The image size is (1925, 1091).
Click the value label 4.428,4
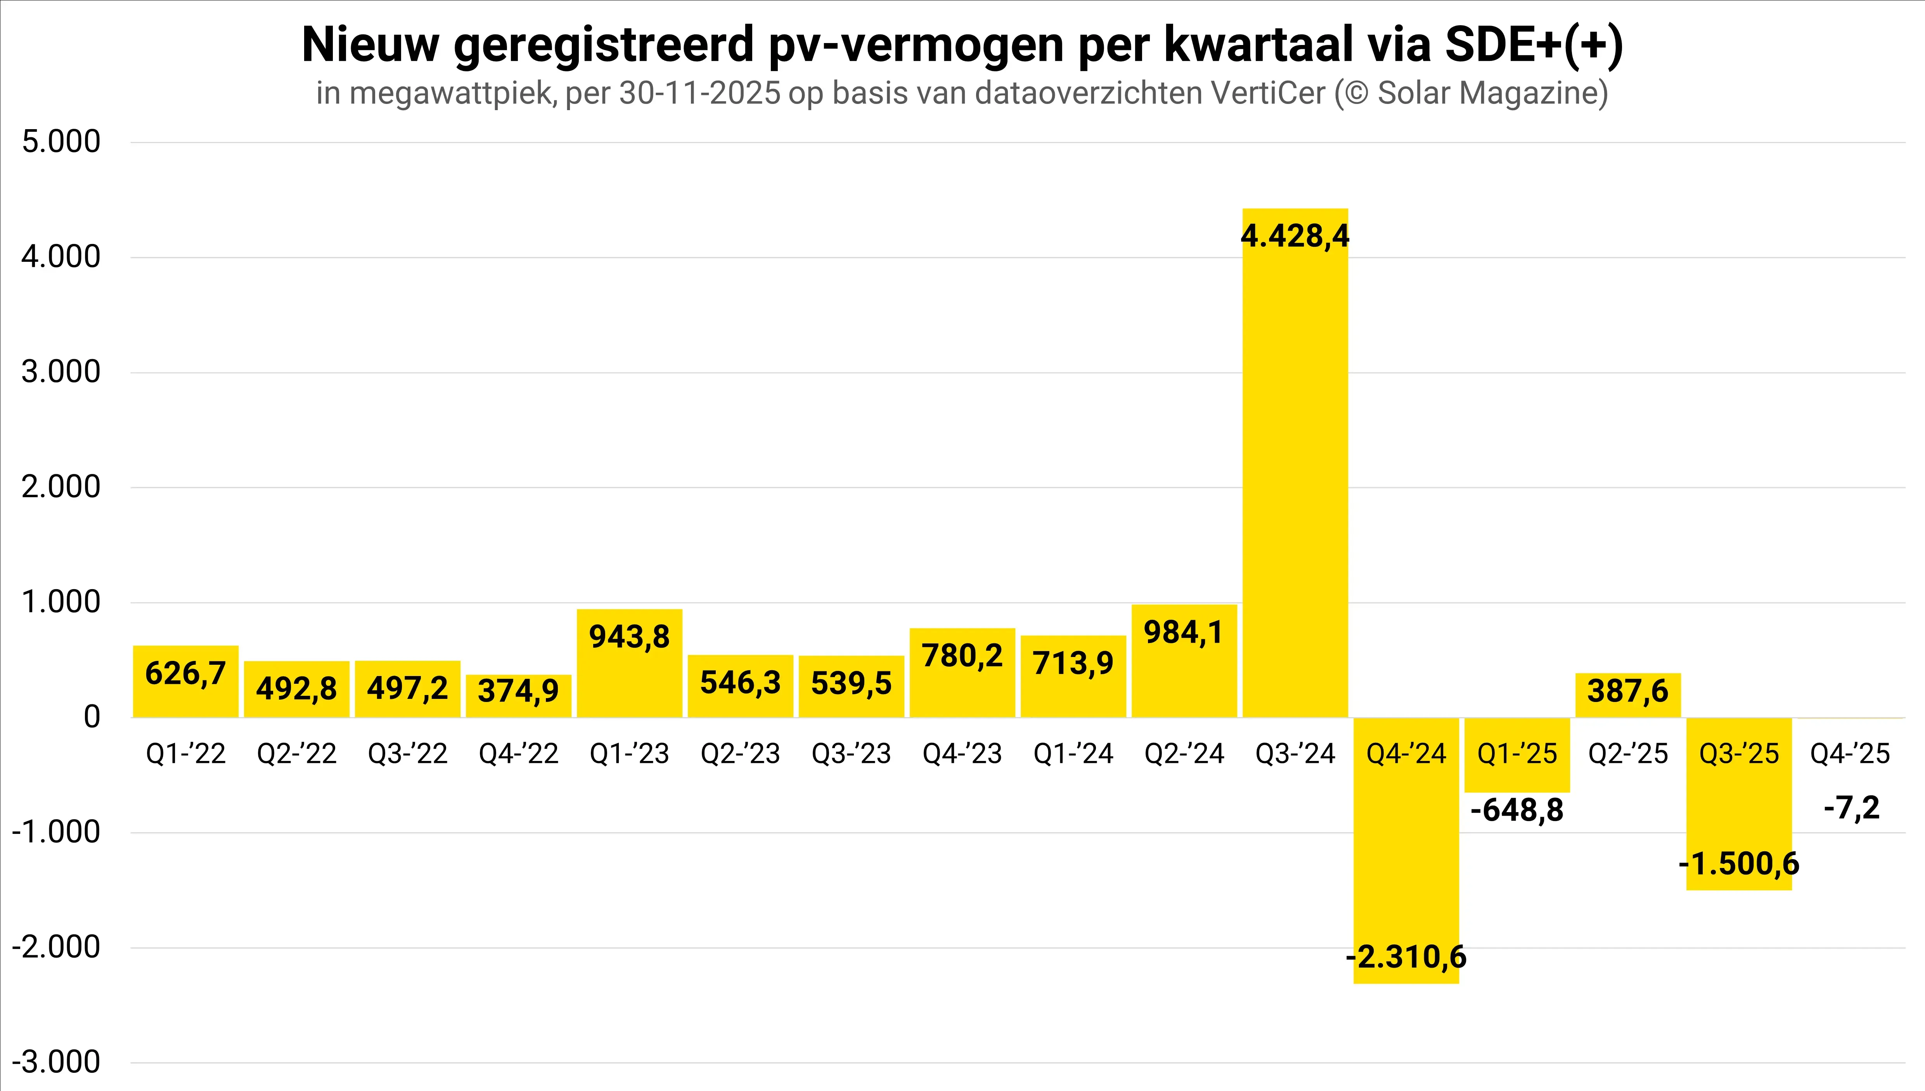tap(1295, 236)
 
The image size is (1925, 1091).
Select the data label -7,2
tap(1852, 808)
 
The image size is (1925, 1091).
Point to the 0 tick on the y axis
tap(92, 717)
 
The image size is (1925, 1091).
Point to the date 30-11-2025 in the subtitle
tap(700, 94)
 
